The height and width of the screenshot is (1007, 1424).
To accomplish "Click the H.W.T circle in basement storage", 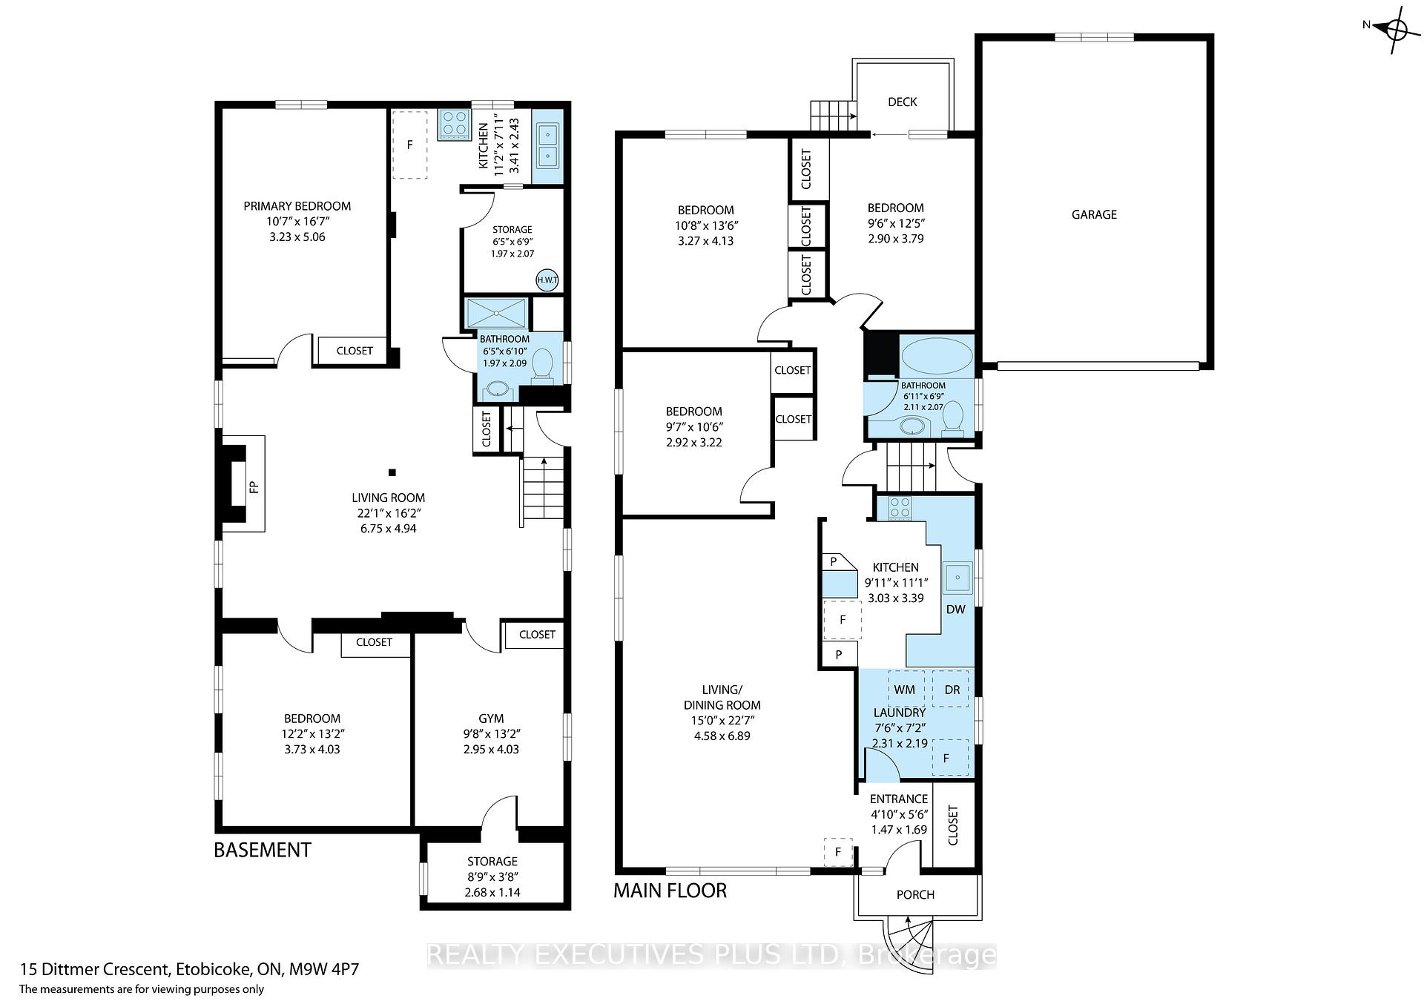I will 547,280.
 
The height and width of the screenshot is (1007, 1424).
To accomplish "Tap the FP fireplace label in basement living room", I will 254,487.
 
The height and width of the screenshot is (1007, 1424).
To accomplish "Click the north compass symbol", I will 1395,30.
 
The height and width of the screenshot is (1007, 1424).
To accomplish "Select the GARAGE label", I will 1094,214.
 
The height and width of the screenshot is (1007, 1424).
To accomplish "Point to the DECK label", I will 903,102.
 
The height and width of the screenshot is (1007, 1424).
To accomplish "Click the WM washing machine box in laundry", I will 905,689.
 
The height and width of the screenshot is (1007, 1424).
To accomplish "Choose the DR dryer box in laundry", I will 952,689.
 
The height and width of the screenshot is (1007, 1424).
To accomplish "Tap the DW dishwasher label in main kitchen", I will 955,609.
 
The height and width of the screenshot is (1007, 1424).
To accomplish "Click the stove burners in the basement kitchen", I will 453,123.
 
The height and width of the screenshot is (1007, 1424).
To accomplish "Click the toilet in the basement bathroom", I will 544,366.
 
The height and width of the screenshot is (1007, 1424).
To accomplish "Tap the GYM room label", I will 491,718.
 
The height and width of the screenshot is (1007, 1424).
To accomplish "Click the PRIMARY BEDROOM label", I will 297,206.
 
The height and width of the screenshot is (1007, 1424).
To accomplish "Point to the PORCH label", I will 915,894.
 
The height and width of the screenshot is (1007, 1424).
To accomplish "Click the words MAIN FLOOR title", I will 670,890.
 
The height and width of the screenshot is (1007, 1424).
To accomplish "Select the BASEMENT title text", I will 263,850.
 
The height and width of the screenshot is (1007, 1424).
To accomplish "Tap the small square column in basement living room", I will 392,472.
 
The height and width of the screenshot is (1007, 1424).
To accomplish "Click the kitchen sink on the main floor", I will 957,578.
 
